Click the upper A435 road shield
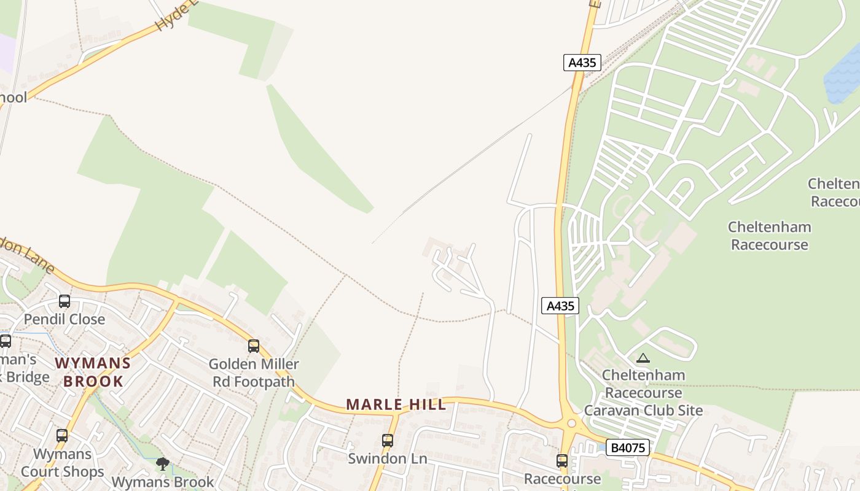click(x=582, y=63)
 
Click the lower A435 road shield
click(x=560, y=306)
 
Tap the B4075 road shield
click(x=627, y=447)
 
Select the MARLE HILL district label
click(x=396, y=404)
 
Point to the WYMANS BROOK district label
click(x=93, y=372)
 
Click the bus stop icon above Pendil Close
click(x=64, y=301)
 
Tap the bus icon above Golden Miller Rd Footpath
click(x=254, y=346)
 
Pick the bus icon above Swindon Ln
click(x=387, y=441)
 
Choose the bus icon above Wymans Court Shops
click(x=62, y=436)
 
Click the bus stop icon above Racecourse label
click(x=562, y=461)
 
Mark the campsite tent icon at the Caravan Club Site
click(x=643, y=358)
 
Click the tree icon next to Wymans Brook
click(x=163, y=464)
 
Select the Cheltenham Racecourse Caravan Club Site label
click(x=643, y=393)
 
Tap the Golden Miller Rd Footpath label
click(x=254, y=373)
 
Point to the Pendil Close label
click(x=64, y=319)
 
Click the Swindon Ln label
click(x=386, y=458)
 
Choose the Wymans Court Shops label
click(x=62, y=463)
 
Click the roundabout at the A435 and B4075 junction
click(x=571, y=423)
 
